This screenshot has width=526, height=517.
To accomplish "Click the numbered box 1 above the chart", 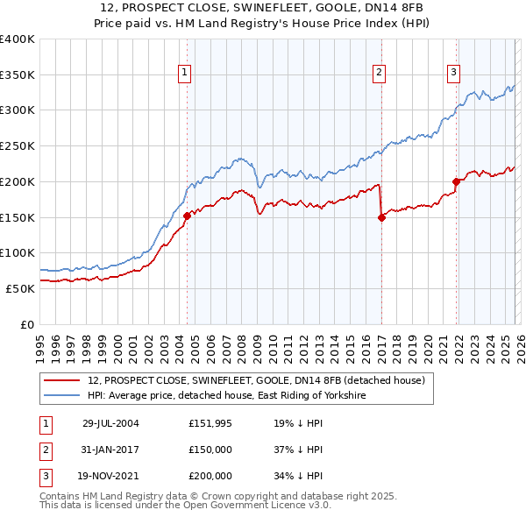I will tap(186, 74).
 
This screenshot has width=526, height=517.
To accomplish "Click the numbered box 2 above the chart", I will tap(380, 74).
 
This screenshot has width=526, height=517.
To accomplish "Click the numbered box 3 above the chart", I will tap(454, 74).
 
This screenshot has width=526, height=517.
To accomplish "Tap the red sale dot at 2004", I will tap(187, 216).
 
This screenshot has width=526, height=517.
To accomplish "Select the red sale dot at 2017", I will tap(381, 217).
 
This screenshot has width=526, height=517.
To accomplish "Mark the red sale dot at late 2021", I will tap(456, 181).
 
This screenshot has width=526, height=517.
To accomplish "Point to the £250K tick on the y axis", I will tap(18, 145).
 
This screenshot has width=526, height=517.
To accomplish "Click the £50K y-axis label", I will tap(20, 288).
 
